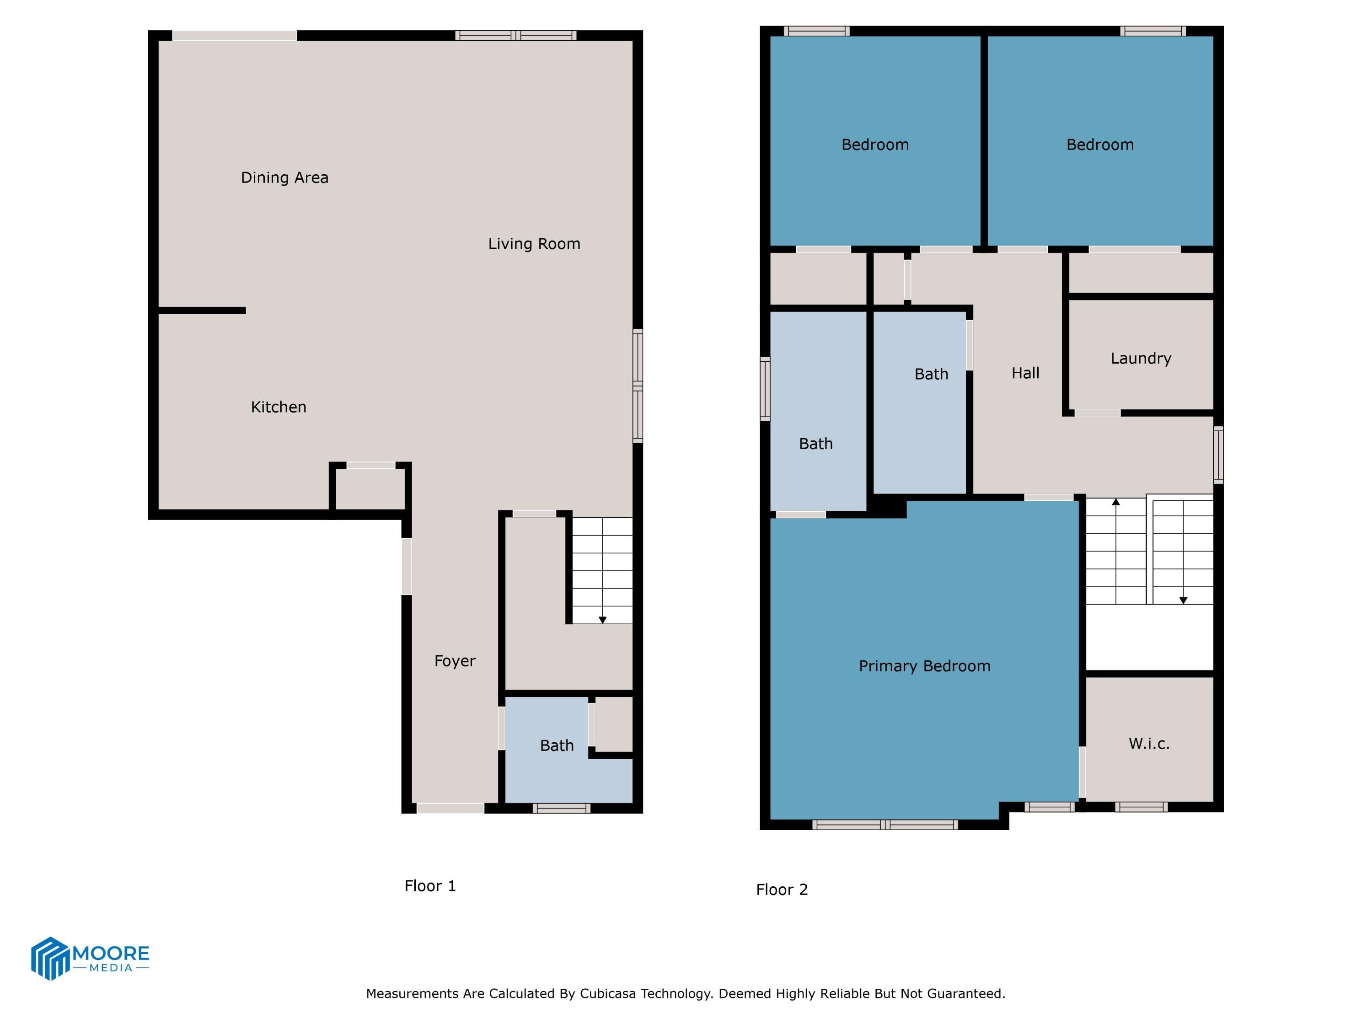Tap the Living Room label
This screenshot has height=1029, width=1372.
534,244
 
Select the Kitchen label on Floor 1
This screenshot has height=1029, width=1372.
278,407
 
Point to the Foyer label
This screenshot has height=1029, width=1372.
455,661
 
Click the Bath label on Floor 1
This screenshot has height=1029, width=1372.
557,745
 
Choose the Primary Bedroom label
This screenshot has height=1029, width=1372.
924,666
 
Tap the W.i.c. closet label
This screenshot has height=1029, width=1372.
1149,744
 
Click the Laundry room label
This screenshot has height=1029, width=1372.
1141,359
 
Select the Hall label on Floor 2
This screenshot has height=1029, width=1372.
1025,373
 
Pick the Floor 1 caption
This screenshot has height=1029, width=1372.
430,886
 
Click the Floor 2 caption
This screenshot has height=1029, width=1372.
782,890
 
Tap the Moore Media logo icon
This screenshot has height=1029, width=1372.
49,958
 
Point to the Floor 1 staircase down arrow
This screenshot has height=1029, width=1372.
602,620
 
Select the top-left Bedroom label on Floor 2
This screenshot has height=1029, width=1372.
874,145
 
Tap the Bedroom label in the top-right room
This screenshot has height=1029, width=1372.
1100,145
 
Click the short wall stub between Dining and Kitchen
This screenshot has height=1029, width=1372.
202,311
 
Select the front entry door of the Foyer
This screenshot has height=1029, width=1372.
450,808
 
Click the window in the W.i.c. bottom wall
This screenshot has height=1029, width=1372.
1141,807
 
